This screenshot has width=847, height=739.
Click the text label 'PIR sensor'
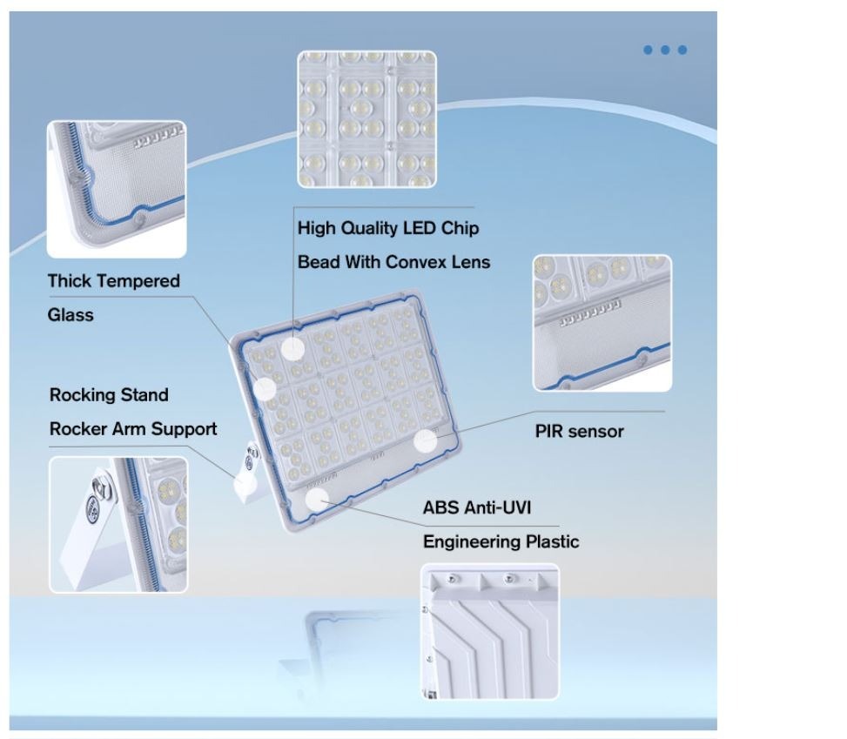point(579,432)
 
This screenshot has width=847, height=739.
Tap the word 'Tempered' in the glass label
point(138,281)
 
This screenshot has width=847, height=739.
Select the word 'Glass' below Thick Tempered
point(71,315)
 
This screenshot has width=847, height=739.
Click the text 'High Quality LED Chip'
point(388,228)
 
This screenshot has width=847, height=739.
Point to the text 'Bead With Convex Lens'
point(393,262)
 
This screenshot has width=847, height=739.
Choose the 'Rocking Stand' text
point(109,395)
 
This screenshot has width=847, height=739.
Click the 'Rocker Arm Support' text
point(133,429)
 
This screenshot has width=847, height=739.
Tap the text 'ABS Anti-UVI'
point(477,507)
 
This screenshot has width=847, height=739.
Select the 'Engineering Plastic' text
point(501,541)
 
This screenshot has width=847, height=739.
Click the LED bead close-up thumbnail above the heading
point(366,119)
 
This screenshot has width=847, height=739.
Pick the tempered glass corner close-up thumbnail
point(117,189)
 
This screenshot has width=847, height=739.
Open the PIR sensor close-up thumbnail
point(602,323)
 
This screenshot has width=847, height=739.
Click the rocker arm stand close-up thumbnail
point(118,525)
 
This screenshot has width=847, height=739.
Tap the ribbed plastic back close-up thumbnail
point(490,631)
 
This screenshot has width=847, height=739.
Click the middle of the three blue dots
point(665,50)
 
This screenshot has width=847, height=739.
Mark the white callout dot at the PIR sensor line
point(426,440)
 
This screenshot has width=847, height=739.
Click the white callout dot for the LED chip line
point(292,349)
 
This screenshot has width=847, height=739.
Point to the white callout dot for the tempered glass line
point(265,389)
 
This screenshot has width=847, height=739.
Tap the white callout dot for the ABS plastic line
point(317,501)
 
